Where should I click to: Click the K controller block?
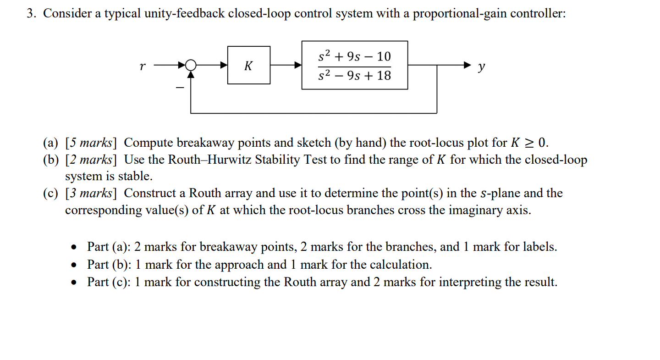(x=248, y=65)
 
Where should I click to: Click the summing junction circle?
(x=191, y=65)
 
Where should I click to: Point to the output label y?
(x=481, y=67)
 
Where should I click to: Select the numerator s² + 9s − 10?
(x=354, y=56)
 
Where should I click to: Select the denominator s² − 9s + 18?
(x=354, y=75)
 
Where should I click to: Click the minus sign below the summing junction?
(x=180, y=87)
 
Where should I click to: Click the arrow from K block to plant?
(x=286, y=65)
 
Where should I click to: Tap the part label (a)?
(x=51, y=143)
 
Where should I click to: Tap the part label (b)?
(x=51, y=160)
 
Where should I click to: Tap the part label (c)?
(x=51, y=193)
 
